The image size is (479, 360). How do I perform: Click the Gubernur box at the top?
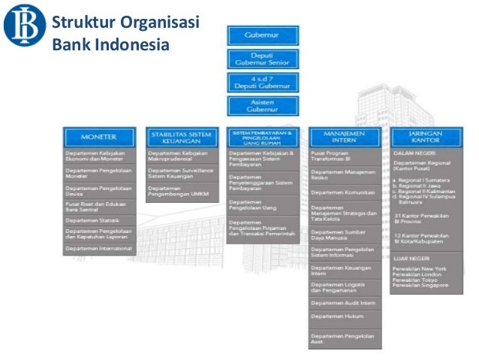(x=263, y=35)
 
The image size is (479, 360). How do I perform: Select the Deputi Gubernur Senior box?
(x=263, y=59)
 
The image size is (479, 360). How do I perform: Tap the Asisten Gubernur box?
(x=263, y=106)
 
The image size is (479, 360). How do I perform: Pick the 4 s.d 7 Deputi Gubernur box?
(x=263, y=83)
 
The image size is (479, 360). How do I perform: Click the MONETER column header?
(x=99, y=137)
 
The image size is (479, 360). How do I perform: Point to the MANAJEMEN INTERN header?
(x=344, y=137)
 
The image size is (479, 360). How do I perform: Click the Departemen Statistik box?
(x=99, y=220)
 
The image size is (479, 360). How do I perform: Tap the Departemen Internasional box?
(x=99, y=248)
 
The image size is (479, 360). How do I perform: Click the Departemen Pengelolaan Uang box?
(x=263, y=205)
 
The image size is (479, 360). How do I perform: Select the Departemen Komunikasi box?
(x=344, y=192)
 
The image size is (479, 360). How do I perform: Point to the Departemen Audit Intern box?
(x=344, y=302)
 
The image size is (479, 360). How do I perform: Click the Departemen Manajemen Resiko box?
(x=344, y=174)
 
